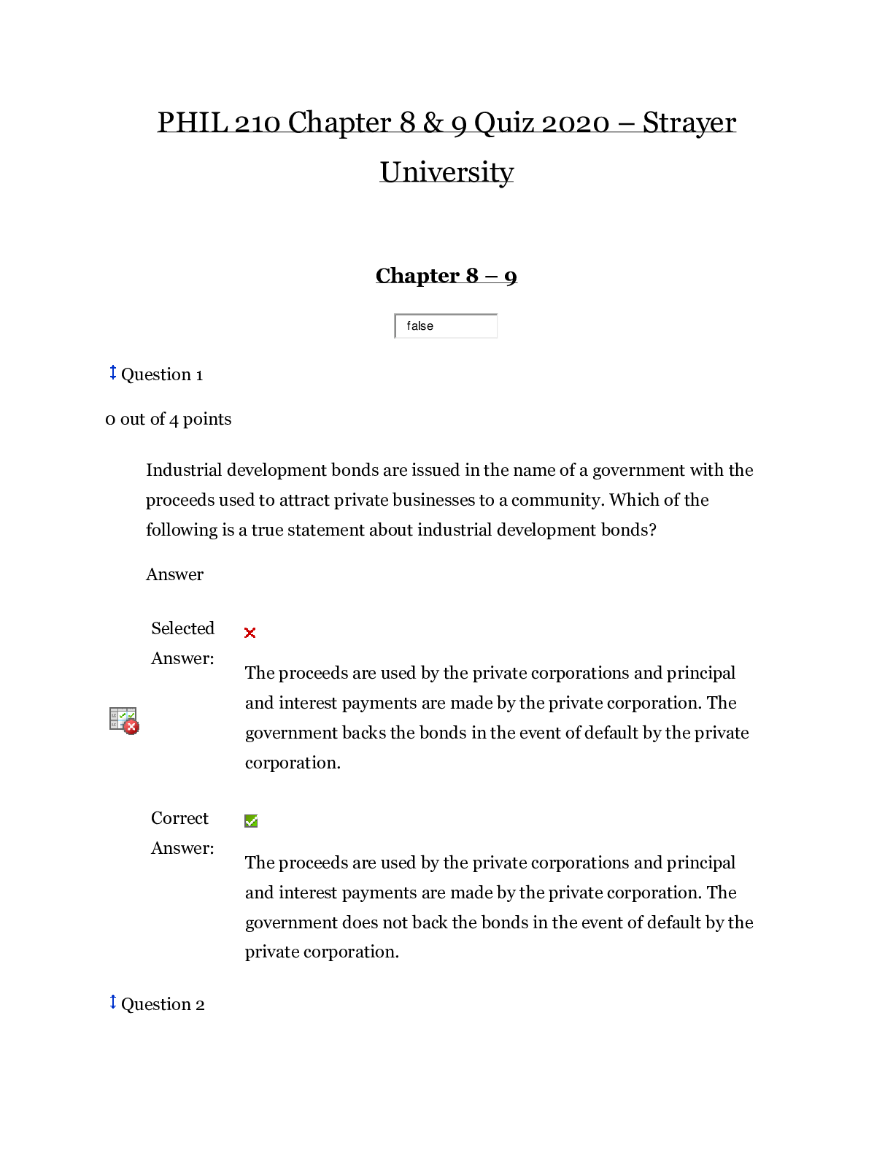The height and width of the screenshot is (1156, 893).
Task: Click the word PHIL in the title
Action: coord(193,123)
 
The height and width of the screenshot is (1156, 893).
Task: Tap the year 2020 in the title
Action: coord(576,123)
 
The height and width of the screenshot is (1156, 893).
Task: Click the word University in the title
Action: coord(446,172)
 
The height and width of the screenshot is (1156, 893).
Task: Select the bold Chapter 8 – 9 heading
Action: coord(446,276)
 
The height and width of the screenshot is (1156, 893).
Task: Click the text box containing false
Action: coord(446,325)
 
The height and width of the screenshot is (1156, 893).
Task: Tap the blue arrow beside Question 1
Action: coord(113,372)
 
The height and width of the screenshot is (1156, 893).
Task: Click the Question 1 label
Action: coord(162,374)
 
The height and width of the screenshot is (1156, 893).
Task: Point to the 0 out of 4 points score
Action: coord(168,419)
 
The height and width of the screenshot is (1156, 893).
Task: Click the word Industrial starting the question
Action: coord(184,470)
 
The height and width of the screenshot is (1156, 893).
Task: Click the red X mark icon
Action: coord(250,633)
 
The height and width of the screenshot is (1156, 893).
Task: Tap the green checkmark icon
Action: coord(251,821)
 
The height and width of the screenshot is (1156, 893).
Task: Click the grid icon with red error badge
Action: coord(124,721)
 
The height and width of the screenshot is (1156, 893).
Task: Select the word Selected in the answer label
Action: coord(182,628)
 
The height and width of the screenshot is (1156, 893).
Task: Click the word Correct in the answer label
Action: coord(179,817)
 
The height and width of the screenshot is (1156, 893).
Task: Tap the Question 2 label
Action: coord(163,1004)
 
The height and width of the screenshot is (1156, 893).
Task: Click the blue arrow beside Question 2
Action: coord(113,1002)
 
